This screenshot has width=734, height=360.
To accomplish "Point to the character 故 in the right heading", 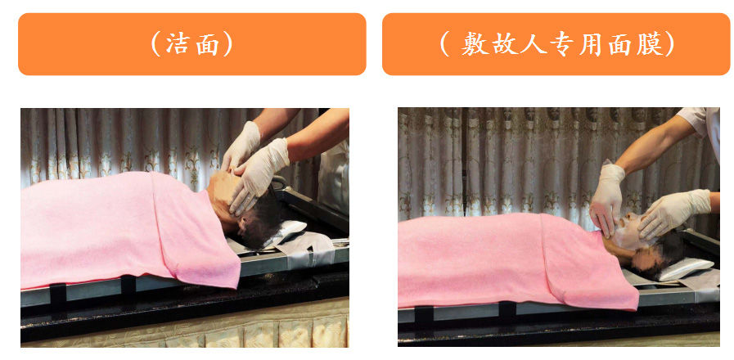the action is coord(503,45).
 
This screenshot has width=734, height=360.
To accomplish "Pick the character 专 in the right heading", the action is coord(562,45).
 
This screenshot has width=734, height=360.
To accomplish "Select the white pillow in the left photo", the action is coord(286,231).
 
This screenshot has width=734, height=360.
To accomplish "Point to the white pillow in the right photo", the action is coord(686,268).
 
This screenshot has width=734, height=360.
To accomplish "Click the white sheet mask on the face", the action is coord(629,232).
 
